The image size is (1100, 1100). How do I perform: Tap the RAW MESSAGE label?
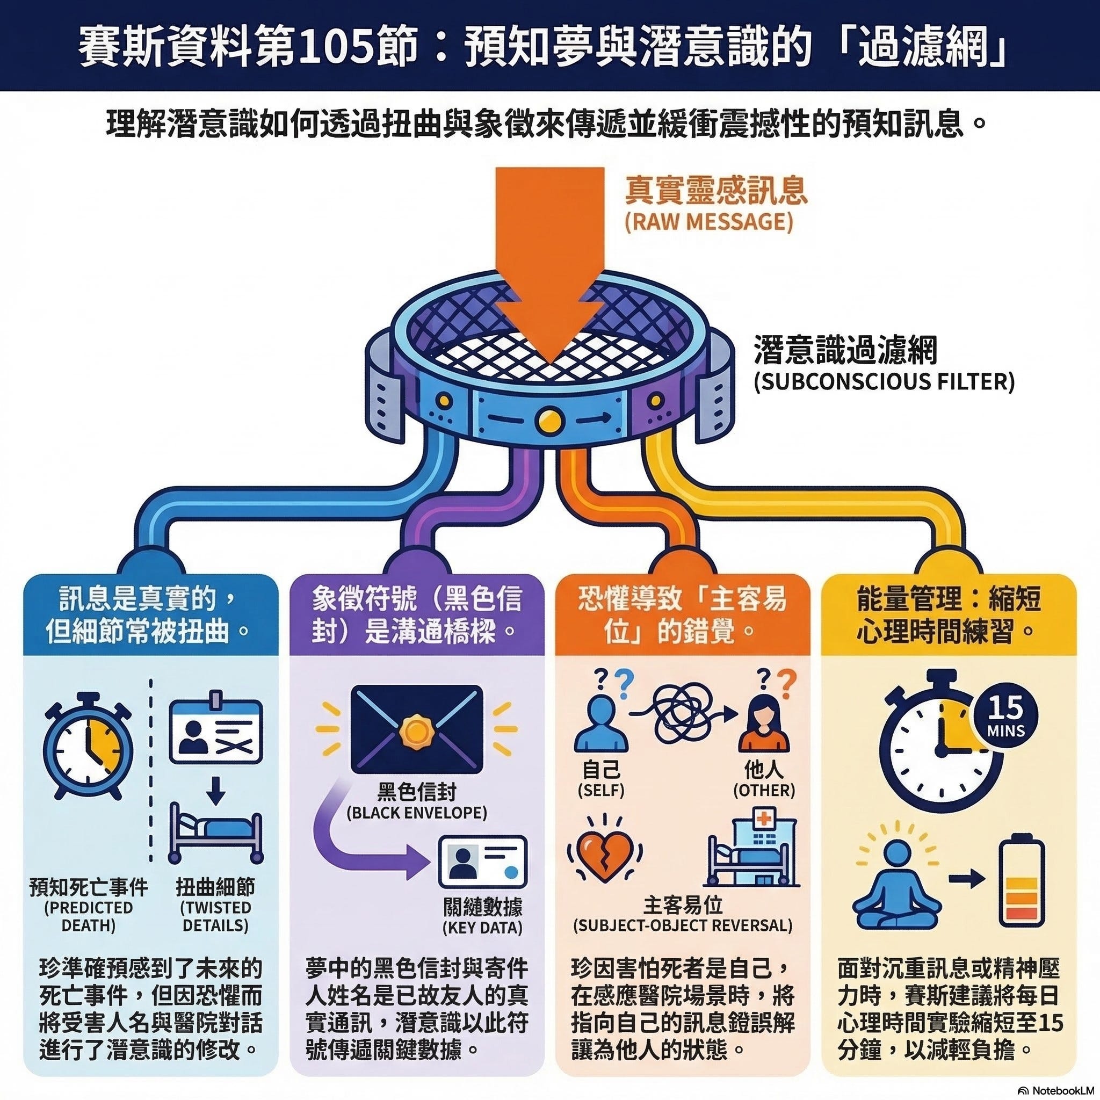pyautogui.click(x=708, y=222)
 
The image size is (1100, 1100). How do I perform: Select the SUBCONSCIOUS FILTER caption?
pyautogui.click(x=884, y=381)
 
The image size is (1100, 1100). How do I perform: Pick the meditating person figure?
pyautogui.click(x=897, y=893)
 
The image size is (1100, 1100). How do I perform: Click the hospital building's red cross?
pyautogui.click(x=764, y=822)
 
